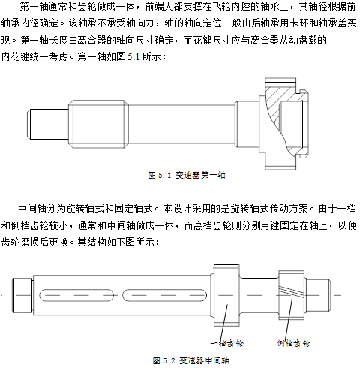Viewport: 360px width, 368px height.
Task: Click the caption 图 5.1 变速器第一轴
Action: tap(187, 175)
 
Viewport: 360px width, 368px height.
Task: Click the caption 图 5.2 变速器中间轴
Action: tap(191, 360)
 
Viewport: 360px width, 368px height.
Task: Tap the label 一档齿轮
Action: tap(227, 343)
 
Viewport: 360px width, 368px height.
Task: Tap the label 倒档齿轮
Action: tap(293, 343)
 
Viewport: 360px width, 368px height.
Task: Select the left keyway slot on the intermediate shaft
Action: tap(76, 295)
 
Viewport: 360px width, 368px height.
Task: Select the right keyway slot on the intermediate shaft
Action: tap(165, 295)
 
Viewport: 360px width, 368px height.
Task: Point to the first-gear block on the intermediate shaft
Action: tap(226, 295)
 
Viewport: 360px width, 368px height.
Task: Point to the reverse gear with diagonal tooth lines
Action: tap(292, 295)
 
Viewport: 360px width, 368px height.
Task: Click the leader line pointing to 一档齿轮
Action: tap(223, 323)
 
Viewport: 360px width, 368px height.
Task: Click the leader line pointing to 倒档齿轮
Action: tap(289, 318)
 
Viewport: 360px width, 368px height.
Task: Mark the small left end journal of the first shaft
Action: tap(48, 124)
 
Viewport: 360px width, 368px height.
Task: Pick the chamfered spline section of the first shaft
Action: tap(99, 124)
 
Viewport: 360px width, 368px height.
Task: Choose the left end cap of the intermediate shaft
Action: tap(22, 295)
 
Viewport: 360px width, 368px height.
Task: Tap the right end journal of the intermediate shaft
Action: tap(317, 295)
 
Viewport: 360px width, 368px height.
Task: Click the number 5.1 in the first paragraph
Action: tap(133, 57)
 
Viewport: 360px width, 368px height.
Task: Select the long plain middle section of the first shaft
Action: tap(181, 124)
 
